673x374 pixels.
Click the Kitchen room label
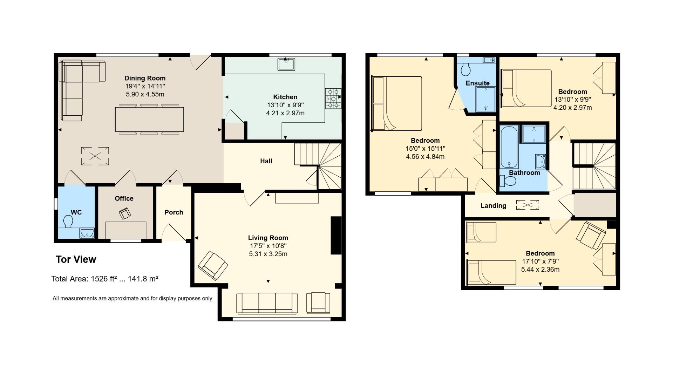[285, 97]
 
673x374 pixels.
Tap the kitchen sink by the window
[286, 64]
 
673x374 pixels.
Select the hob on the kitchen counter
[333, 98]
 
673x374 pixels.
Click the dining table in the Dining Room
[149, 119]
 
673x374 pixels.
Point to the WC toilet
[68, 221]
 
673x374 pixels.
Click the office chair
[125, 213]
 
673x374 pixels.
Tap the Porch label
[174, 212]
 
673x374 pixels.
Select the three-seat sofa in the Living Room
[267, 303]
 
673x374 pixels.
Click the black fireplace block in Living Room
[336, 235]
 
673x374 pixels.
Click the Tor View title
[76, 259]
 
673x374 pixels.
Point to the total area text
[104, 279]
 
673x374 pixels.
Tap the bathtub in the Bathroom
[509, 147]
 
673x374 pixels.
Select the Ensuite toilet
[466, 69]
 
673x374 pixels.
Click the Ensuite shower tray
[485, 99]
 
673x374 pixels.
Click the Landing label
[493, 206]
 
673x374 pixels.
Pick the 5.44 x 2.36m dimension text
[540, 270]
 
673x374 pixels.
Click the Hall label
[266, 161]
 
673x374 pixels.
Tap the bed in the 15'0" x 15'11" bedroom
[397, 103]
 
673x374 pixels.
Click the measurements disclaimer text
[132, 299]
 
